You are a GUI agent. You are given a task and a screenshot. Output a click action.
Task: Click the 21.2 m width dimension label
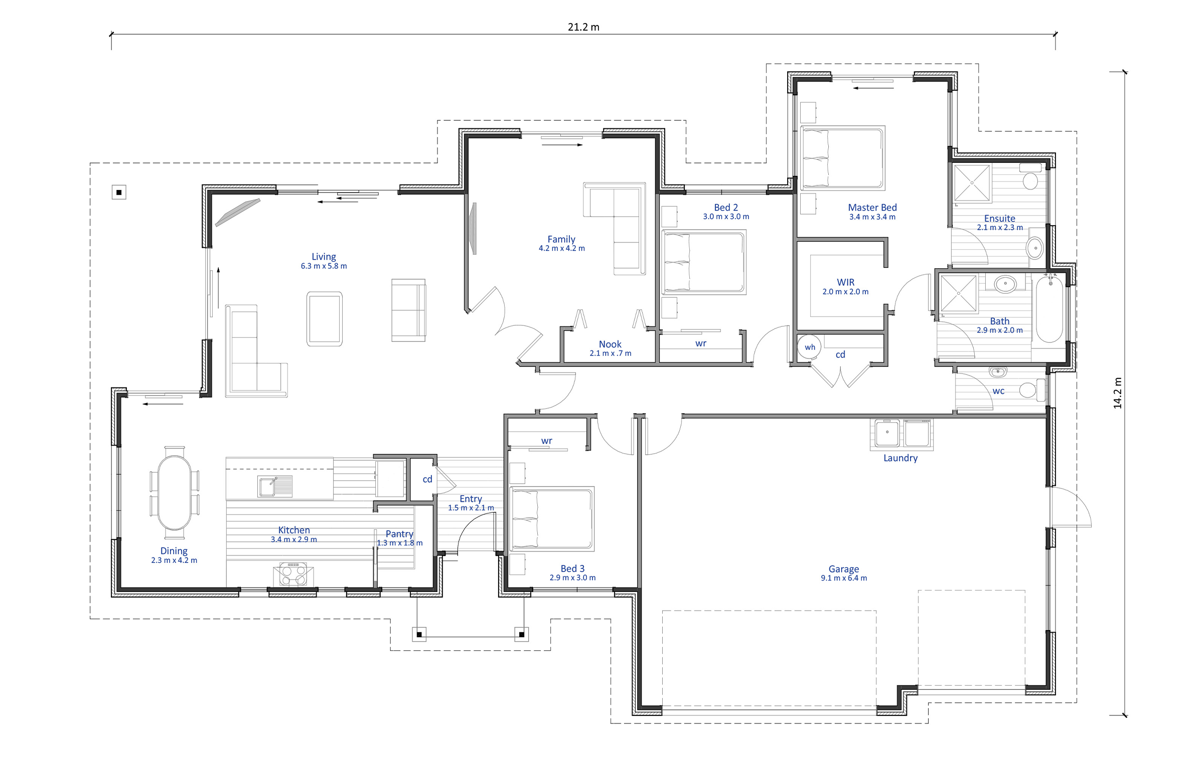pos(583,27)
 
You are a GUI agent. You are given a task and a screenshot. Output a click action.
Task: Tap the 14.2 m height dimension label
pos(1117,393)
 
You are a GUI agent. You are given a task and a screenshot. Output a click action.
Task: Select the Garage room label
pos(844,568)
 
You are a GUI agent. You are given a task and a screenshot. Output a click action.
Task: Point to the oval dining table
pos(174,492)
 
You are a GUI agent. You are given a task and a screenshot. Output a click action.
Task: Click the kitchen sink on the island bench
pos(275,486)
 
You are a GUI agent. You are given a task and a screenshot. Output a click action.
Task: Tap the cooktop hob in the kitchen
pos(293,575)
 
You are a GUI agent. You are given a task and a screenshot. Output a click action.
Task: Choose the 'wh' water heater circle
pos(810,347)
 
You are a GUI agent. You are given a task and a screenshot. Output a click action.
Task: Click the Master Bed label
pos(872,207)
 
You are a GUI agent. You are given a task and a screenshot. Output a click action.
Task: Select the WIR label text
pos(845,282)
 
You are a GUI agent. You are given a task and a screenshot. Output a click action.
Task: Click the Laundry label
pos(900,458)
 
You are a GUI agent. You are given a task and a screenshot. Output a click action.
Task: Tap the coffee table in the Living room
pos(325,319)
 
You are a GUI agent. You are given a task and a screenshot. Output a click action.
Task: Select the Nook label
pos(610,344)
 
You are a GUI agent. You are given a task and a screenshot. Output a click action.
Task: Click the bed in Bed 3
pos(552,519)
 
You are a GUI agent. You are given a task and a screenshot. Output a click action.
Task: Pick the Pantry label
pos(399,534)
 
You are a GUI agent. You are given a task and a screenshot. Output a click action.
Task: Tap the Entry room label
pos(471,499)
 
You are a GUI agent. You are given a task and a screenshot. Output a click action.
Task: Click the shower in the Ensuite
pos(972,183)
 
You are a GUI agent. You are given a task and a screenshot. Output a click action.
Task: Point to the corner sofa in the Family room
pos(615,228)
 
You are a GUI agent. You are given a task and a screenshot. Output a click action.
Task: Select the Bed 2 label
pos(726,207)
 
